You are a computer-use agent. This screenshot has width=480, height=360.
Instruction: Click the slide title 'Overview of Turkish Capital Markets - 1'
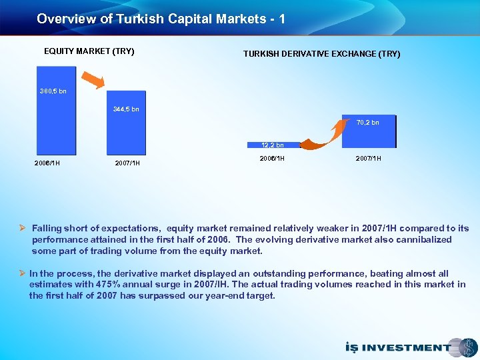[161, 19]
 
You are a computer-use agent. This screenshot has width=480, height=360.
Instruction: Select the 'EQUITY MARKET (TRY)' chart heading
[89, 51]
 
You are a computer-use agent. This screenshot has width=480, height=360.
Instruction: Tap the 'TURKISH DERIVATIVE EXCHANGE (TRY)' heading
[321, 54]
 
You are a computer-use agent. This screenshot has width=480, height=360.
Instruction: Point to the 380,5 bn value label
[53, 91]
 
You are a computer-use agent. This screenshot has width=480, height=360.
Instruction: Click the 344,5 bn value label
[126, 109]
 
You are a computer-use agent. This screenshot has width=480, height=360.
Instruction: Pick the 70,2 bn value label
[367, 123]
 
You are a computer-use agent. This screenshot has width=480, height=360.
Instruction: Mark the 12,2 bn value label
[272, 145]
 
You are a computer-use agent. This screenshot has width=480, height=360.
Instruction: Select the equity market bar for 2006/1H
[57, 127]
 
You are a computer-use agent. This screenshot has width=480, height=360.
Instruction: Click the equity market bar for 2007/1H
[126, 133]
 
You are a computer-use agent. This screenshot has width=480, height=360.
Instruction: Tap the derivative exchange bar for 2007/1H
[368, 136]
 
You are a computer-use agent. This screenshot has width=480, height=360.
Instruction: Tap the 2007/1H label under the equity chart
[127, 163]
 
